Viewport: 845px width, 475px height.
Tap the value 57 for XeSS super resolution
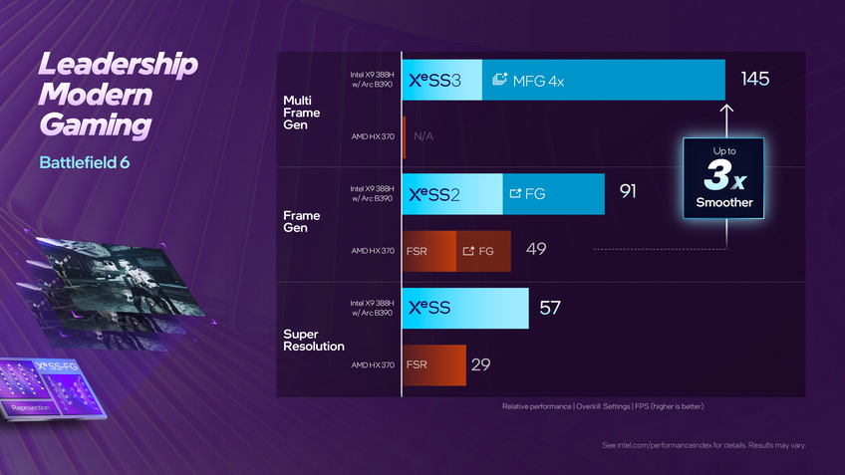[550, 308]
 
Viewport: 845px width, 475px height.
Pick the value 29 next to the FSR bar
[480, 364]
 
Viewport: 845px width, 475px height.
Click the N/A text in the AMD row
[423, 136]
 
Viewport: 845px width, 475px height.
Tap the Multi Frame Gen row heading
[303, 113]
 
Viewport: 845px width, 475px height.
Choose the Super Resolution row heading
[314, 340]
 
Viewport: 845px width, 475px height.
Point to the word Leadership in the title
[118, 67]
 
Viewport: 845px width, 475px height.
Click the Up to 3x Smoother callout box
[723, 179]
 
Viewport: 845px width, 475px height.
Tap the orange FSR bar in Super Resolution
[434, 364]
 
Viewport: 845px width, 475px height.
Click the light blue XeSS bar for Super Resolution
[464, 308]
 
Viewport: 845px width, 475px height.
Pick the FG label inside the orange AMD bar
[479, 251]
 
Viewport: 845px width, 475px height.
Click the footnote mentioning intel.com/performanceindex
[704, 444]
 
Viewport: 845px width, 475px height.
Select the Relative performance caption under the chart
[603, 406]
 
